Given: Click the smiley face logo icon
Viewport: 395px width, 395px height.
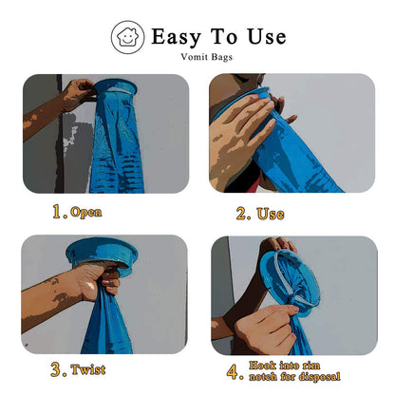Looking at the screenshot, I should click(x=127, y=38).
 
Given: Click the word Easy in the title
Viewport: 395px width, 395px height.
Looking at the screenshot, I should click(x=178, y=37).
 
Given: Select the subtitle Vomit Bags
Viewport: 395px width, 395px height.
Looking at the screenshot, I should click(x=206, y=57).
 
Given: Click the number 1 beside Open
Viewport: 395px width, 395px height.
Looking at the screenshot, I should click(x=59, y=212).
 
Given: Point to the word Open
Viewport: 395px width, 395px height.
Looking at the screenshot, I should click(x=85, y=212).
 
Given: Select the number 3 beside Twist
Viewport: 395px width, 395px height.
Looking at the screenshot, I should click(x=58, y=369).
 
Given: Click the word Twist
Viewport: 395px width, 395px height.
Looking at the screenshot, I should click(x=88, y=369).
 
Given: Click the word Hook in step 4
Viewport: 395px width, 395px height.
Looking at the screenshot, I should click(x=264, y=364).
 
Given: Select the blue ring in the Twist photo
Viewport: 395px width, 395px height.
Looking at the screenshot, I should click(x=102, y=254).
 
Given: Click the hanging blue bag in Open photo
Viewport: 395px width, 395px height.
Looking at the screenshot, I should click(x=116, y=152).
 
